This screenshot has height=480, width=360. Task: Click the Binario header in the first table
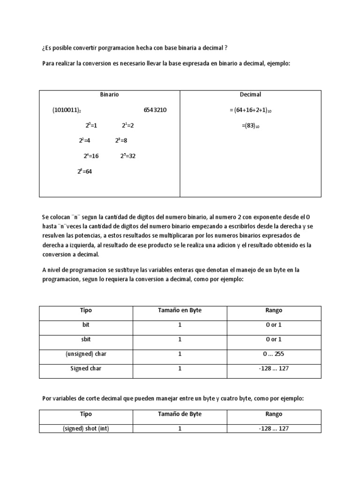pos(109,94)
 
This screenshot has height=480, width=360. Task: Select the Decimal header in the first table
pos(250,94)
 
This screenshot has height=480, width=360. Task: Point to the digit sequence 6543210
pos(155,110)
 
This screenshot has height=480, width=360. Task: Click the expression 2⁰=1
pos(91,126)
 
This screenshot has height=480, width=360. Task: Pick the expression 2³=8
pos(121,141)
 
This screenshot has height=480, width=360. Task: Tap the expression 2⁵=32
pos(127,156)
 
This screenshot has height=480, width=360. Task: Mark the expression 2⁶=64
pos(85,172)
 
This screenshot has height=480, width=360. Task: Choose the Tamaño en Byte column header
pos(180,310)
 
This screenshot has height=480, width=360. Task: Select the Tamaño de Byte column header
pos(180,414)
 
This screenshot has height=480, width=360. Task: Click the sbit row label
pos(86,339)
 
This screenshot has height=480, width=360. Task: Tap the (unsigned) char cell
pos(86,354)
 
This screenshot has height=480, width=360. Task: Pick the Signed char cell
pos(86,368)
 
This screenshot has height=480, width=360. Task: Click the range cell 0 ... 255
pos(274,354)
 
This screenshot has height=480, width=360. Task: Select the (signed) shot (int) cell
pos(86,428)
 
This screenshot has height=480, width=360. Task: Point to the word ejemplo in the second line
pos(278,63)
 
